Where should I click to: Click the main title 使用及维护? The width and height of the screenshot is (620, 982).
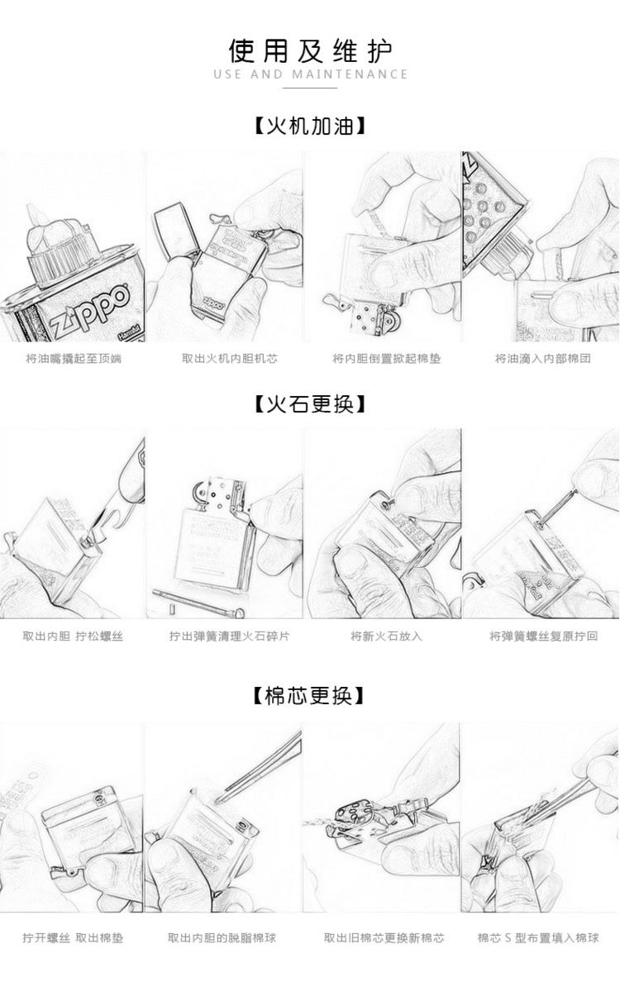[310, 51]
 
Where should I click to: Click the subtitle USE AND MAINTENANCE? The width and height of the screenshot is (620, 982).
[310, 74]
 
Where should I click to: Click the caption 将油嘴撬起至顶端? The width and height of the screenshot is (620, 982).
[73, 359]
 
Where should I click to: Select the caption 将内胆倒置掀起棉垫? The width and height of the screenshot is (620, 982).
[386, 359]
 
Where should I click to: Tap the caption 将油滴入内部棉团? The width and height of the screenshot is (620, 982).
[542, 359]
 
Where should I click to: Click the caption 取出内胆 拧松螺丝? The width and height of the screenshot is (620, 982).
[73, 636]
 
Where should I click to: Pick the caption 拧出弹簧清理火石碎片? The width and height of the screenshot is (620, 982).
[229, 636]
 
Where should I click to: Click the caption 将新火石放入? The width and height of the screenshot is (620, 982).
[386, 636]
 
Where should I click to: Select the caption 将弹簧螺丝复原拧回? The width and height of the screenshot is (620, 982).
[542, 636]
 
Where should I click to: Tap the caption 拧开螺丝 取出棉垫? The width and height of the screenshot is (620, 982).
[73, 938]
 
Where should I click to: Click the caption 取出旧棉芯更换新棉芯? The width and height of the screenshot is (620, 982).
[384, 938]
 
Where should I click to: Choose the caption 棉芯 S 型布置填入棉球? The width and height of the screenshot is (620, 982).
[538, 938]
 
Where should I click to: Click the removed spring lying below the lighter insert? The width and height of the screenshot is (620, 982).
[198, 597]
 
